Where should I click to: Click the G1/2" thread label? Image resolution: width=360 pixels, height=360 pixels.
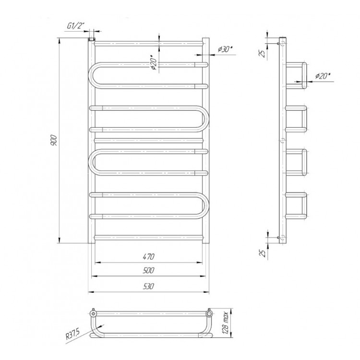click(74, 26)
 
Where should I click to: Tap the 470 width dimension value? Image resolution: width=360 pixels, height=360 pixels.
click(148, 256)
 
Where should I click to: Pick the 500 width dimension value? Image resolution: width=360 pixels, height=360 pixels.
click(148, 270)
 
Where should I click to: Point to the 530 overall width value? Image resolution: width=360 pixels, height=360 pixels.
click(148, 286)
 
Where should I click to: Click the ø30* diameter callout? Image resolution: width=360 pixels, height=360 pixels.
click(225, 49)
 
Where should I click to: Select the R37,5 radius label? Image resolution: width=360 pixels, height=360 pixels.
click(72, 334)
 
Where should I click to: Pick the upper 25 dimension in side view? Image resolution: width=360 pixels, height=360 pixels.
click(262, 53)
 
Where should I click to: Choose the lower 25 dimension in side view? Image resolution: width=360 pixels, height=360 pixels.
click(262, 253)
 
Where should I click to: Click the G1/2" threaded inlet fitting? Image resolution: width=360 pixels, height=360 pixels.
click(92, 38)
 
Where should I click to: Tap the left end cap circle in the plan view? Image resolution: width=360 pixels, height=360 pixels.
click(93, 313)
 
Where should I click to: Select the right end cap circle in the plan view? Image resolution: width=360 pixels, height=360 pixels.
click(209, 313)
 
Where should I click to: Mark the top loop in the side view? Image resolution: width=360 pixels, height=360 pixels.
click(296, 75)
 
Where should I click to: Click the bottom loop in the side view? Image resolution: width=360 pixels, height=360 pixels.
click(296, 205)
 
